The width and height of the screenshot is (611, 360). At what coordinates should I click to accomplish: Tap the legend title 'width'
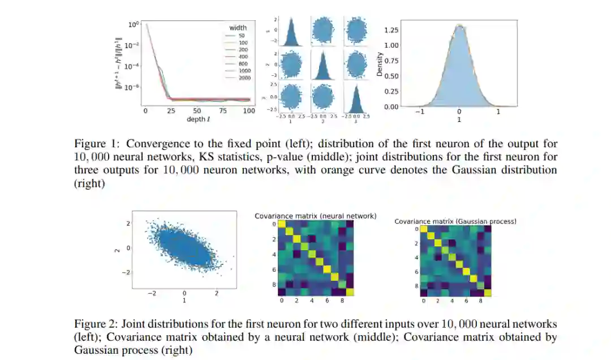point(238,28)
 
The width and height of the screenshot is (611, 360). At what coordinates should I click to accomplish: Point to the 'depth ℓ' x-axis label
point(197,119)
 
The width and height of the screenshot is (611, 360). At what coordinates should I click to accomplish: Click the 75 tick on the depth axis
point(223,111)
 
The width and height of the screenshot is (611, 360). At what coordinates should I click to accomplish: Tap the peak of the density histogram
point(459,26)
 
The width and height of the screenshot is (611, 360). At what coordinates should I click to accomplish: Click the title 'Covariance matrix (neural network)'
point(315,216)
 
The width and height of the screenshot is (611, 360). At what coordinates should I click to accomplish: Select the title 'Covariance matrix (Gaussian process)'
point(455,221)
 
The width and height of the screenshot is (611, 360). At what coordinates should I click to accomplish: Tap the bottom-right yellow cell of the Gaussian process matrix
point(488,293)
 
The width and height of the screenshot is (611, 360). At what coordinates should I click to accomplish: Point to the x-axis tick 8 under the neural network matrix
point(341,301)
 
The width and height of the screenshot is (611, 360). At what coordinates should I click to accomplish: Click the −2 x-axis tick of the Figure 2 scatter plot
point(152,293)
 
